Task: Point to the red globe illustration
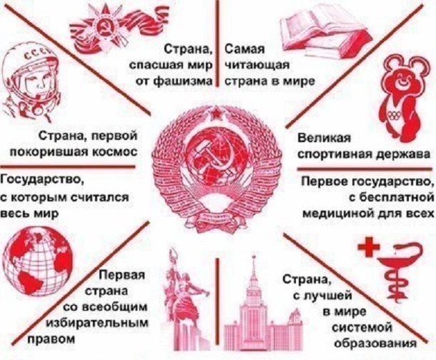pos(38,264)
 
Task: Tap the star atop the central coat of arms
pos(216,114)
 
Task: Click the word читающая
pos(257,66)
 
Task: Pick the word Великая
pos(324,138)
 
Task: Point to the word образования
pos(375,343)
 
